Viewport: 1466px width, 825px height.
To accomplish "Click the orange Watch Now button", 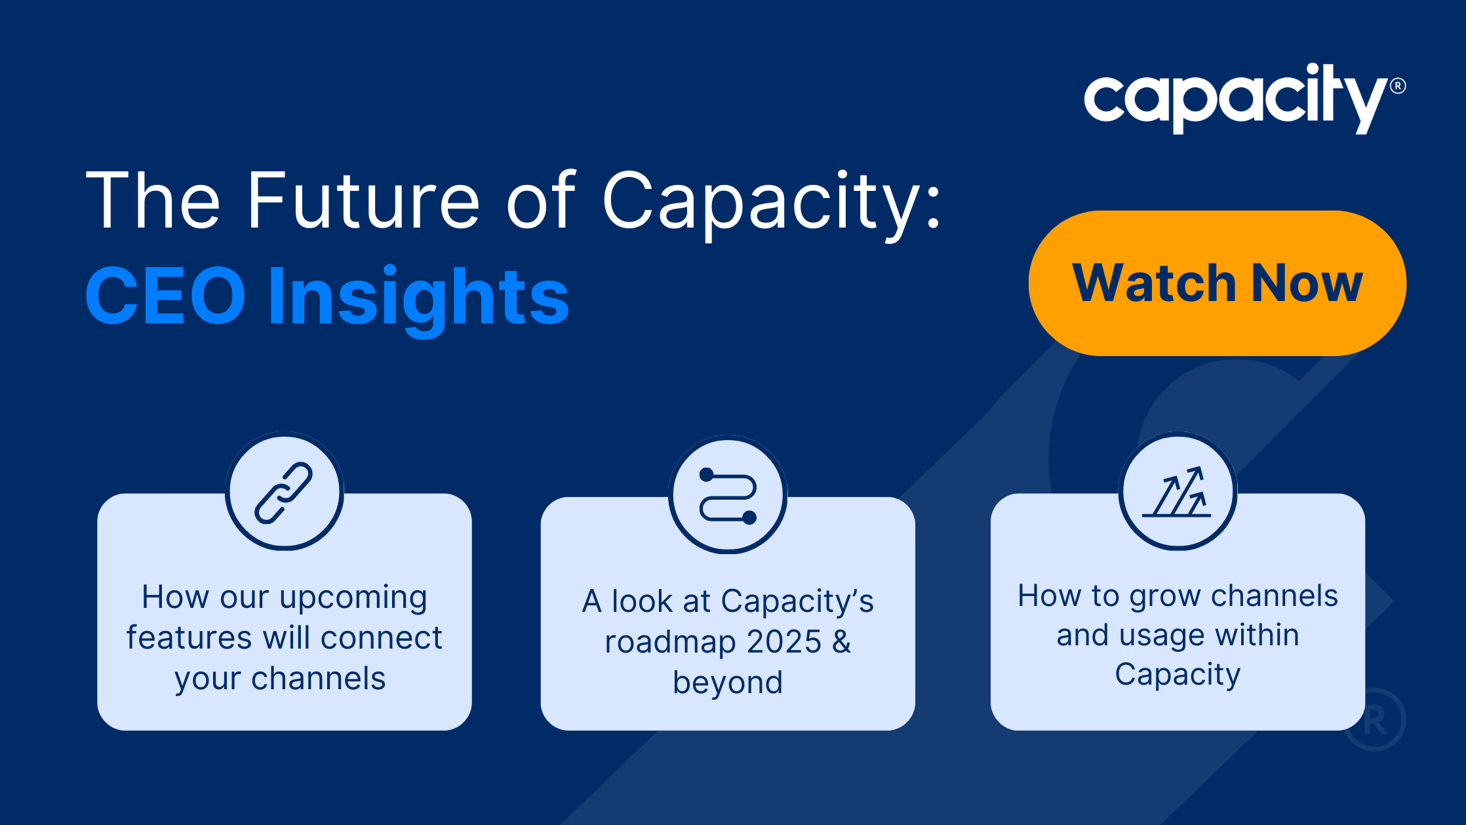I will (x=1217, y=283).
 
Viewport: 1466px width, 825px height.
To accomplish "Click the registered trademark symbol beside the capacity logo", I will (x=1398, y=86).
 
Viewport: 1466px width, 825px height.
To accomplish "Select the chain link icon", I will (x=284, y=493).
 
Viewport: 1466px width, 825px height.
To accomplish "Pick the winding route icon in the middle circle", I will (x=728, y=496).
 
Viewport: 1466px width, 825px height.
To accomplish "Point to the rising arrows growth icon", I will (x=1178, y=492).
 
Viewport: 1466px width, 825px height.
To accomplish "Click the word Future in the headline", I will (x=363, y=200).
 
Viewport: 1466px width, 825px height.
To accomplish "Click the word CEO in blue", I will (x=165, y=296).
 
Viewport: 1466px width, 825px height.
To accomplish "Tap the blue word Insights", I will (x=418, y=298).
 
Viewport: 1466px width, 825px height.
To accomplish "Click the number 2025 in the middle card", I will (x=783, y=641).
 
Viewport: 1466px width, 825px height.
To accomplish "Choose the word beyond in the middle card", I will (x=728, y=682).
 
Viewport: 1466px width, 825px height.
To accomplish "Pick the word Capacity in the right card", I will (x=1178, y=674).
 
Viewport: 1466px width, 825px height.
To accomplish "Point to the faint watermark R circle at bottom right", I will (x=1375, y=720).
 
